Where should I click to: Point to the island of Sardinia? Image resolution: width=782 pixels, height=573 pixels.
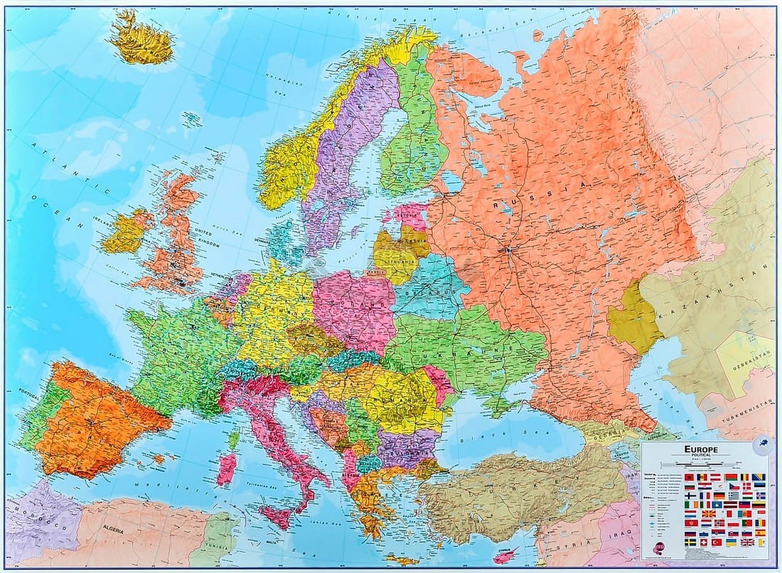(x=227, y=469)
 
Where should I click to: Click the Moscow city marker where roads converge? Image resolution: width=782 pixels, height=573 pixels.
(x=508, y=250)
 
